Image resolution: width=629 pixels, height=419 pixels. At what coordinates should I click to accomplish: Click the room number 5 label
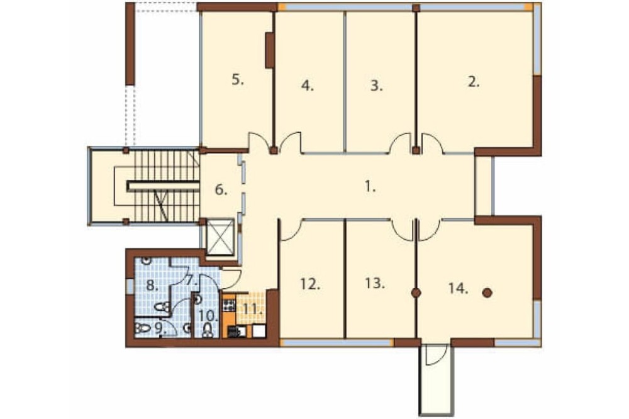coord(238,80)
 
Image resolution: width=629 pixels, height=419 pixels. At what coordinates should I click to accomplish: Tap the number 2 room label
coord(474,82)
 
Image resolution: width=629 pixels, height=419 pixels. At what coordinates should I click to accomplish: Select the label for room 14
coord(458,288)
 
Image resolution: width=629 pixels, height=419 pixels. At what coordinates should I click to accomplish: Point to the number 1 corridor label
coord(370,187)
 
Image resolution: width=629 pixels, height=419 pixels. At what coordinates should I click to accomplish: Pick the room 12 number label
coord(310,284)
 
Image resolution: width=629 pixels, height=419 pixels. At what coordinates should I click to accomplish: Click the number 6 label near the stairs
coord(221,189)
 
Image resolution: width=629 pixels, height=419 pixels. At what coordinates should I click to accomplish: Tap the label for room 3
coord(376,86)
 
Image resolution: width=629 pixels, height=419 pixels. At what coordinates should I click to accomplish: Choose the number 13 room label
coord(375,283)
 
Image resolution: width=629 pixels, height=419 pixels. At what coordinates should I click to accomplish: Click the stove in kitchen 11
coord(229,305)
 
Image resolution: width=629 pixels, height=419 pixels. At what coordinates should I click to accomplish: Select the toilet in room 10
coord(207,330)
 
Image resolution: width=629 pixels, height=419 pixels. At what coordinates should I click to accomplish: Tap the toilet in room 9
coord(142,328)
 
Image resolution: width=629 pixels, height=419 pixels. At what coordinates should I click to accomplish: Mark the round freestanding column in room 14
coord(487,293)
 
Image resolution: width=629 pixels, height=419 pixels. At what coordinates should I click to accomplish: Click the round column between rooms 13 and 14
coord(416,293)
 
